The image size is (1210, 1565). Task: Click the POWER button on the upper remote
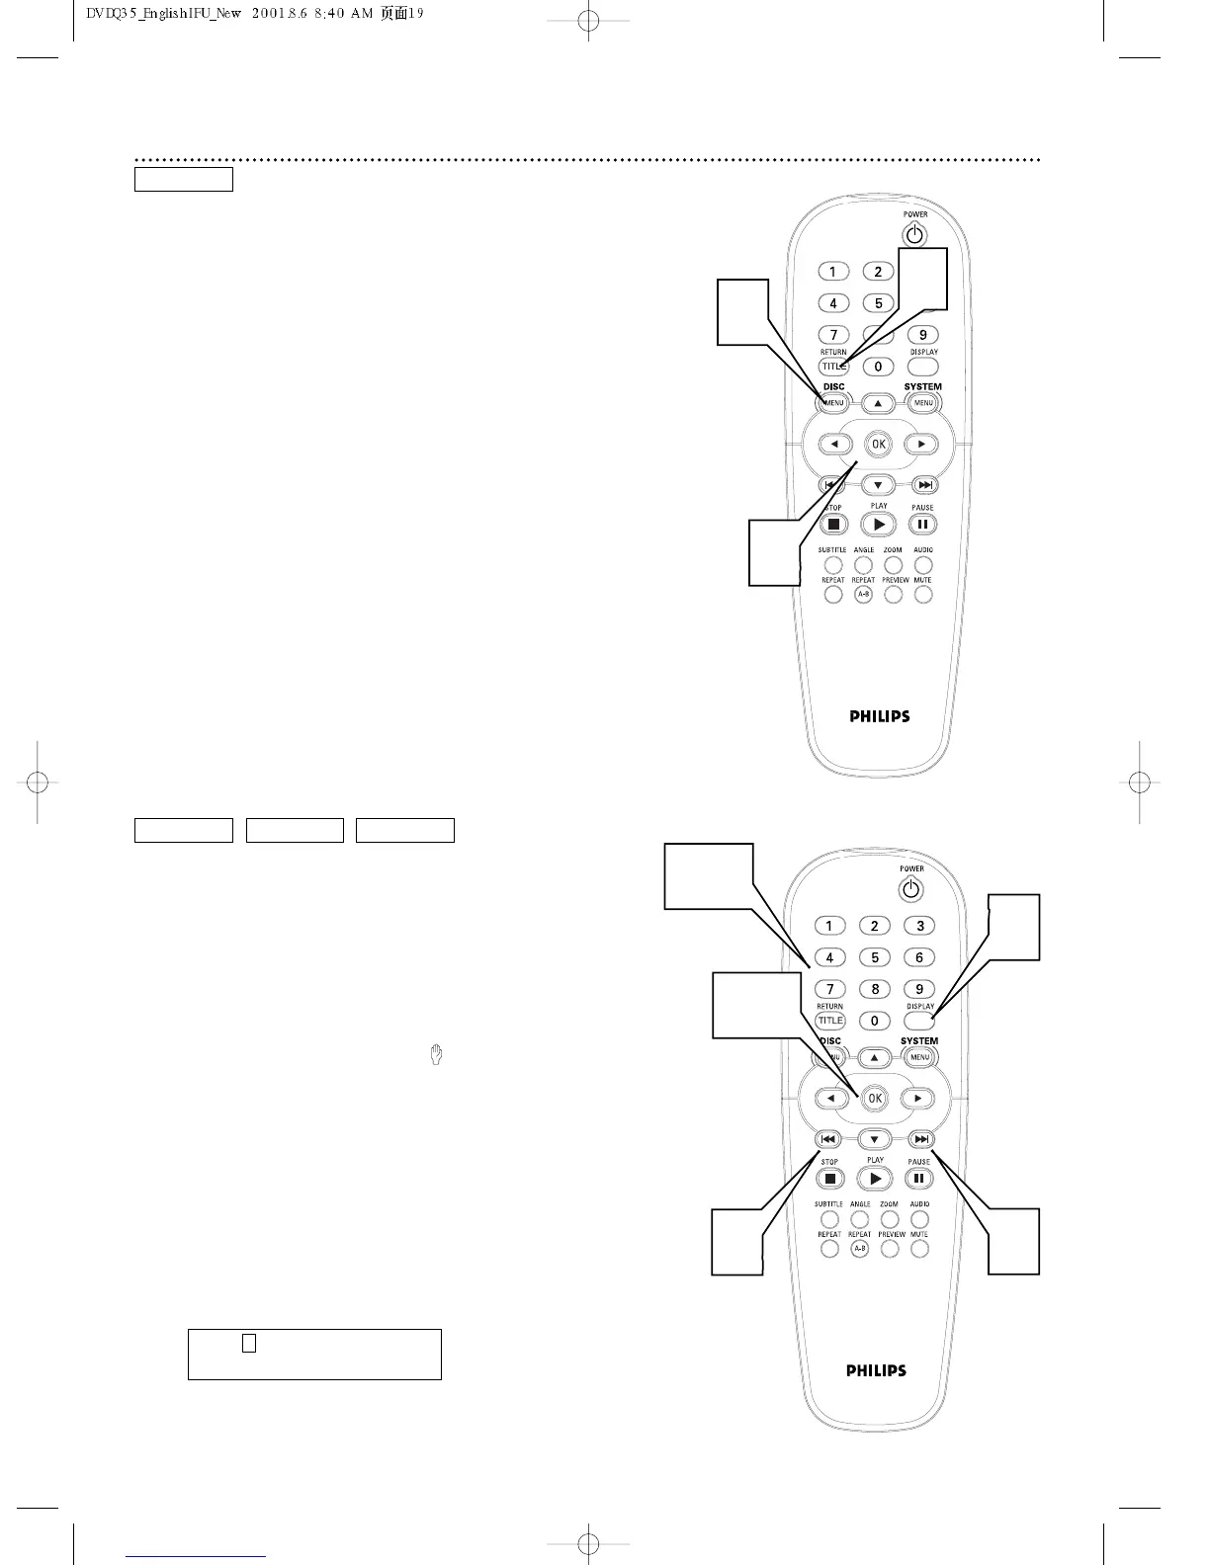915,235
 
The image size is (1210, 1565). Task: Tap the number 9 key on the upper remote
922,335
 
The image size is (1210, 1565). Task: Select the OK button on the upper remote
878,445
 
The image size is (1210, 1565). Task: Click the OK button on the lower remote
874,1098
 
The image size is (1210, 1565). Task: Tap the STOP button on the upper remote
833,525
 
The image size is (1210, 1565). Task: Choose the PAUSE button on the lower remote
918,1179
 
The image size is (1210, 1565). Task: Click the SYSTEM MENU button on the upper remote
923,403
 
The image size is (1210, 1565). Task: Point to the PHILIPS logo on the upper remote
880,716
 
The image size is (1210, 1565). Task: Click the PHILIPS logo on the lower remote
876,1370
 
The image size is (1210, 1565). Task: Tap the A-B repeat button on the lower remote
860,1249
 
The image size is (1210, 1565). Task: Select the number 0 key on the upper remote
878,367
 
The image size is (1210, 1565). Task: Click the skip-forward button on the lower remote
919,1139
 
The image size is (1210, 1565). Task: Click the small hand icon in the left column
436,1055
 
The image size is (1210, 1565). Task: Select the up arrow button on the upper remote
878,403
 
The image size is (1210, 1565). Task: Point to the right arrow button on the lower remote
917,1098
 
